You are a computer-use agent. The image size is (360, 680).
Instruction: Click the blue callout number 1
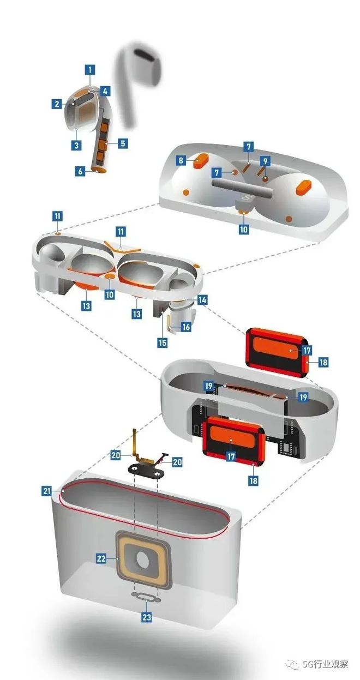(x=90, y=69)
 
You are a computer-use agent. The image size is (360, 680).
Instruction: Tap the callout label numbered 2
(x=57, y=104)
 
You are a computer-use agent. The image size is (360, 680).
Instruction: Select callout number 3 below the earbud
(x=76, y=145)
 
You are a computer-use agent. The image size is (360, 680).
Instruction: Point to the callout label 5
(x=123, y=143)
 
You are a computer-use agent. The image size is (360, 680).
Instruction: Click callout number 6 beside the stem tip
(x=80, y=171)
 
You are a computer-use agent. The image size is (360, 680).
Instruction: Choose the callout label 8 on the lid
(x=181, y=160)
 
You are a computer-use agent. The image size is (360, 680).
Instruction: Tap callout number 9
(x=265, y=160)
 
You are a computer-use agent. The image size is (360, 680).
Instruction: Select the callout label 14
(x=202, y=300)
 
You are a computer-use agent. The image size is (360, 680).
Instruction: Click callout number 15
(x=163, y=343)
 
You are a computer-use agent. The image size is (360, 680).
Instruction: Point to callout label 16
(x=186, y=327)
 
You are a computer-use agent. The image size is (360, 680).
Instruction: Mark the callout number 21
(x=46, y=491)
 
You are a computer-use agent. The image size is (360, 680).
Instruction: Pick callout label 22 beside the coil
(x=101, y=558)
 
